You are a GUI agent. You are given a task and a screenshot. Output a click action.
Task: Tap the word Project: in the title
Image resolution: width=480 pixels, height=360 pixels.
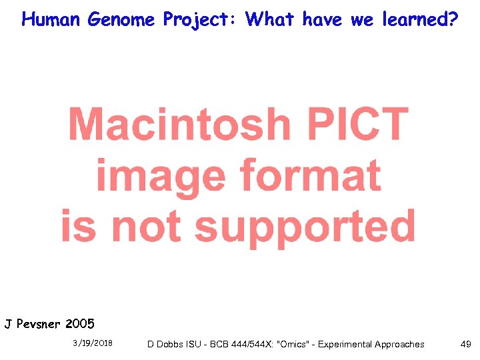(x=202, y=19)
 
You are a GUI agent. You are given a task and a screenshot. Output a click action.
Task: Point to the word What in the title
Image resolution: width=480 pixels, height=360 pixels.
(x=270, y=19)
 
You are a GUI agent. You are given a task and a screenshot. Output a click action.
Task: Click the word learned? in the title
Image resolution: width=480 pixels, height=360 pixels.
(x=420, y=19)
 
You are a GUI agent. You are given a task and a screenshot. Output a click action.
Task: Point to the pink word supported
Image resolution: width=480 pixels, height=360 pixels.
(x=305, y=227)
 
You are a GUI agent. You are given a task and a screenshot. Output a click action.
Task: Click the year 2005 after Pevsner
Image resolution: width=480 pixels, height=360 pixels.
(x=80, y=325)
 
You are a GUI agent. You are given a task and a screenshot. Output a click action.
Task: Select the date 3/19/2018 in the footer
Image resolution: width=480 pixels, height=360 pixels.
(x=93, y=344)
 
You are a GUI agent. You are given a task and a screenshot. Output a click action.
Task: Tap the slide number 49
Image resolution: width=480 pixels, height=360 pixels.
(x=465, y=344)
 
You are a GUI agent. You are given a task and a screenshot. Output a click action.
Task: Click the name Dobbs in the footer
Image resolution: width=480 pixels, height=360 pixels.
(x=170, y=344)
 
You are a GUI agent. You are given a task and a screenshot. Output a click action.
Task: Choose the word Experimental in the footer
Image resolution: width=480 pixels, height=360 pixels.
(x=345, y=344)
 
